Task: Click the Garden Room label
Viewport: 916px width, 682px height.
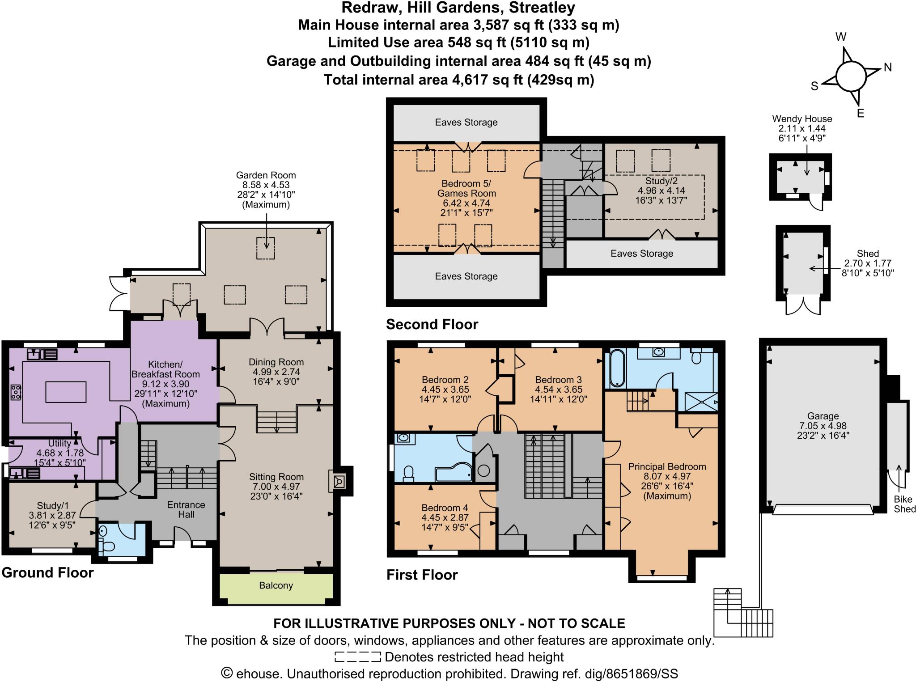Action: (x=266, y=175)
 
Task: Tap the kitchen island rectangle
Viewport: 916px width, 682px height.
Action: (x=66, y=392)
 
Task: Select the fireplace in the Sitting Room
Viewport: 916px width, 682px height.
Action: (x=338, y=481)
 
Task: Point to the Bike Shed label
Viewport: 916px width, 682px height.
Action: (x=904, y=504)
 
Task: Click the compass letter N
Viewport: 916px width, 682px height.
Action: (x=887, y=68)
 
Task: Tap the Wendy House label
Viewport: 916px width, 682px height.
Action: (x=802, y=119)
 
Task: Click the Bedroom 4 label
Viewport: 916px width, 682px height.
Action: (x=445, y=508)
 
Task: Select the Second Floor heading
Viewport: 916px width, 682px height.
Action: (x=432, y=324)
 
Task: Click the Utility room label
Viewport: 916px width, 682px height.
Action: (x=59, y=443)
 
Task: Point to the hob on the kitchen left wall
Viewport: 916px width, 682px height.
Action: (x=16, y=392)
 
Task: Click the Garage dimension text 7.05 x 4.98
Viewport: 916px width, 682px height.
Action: (x=823, y=426)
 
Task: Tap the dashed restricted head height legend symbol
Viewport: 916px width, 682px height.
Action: (x=357, y=657)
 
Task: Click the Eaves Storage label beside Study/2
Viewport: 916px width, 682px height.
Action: (x=641, y=254)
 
